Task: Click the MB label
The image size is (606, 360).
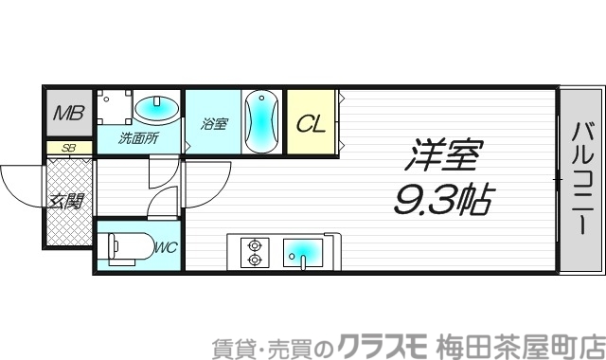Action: click(x=68, y=114)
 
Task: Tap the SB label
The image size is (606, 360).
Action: click(x=68, y=148)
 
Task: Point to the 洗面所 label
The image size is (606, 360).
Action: click(x=138, y=138)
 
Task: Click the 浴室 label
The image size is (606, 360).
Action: click(x=214, y=123)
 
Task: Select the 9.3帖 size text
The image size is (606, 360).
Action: click(x=441, y=200)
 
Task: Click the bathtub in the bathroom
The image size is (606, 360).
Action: click(x=261, y=121)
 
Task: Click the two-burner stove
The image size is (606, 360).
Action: click(x=254, y=250)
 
